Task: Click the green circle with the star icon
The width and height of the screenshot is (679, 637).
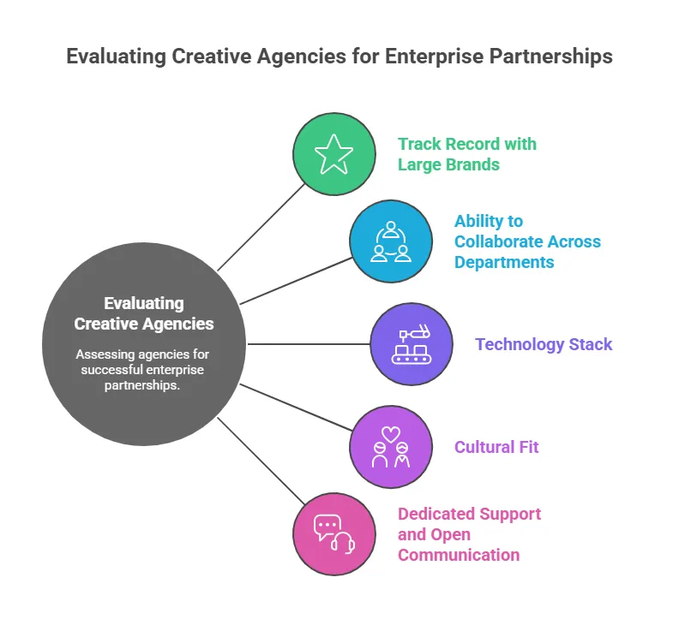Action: point(334,154)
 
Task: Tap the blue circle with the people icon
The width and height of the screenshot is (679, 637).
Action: point(391,241)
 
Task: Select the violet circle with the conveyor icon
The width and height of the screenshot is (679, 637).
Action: point(412,344)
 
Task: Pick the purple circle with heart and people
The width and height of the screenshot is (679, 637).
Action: point(391,447)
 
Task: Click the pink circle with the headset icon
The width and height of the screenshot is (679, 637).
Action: point(334,533)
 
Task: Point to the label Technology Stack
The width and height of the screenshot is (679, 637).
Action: point(544,344)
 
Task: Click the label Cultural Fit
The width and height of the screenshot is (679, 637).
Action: point(496,447)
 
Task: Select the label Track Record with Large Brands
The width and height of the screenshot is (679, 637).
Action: point(467,154)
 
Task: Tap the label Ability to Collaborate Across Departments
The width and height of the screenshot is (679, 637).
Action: point(527,241)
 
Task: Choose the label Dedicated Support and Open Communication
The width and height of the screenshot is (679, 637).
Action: point(469,534)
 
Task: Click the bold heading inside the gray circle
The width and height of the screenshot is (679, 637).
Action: point(144,313)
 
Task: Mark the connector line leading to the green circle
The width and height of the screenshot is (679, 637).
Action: point(261,227)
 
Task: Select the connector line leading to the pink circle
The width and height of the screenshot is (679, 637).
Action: point(261,461)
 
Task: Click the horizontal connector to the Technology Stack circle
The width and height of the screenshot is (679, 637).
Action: point(309,344)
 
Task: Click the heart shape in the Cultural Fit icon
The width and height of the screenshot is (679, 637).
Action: point(391,434)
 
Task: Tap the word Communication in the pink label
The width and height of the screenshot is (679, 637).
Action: point(459,555)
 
